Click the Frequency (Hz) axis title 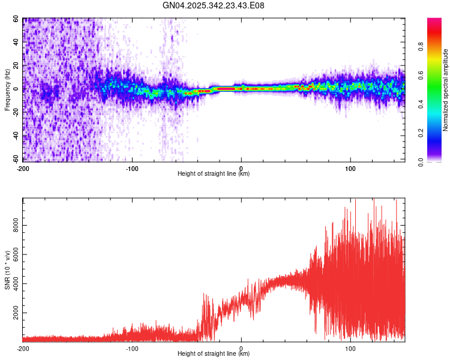(x=7, y=89)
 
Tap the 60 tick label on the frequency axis (x=16, y=19)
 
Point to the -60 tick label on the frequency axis (x=15, y=160)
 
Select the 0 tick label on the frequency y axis (x=18, y=89)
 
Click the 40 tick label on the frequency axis (x=16, y=43)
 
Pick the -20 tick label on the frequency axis (x=15, y=113)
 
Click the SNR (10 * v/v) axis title (x=7, y=269)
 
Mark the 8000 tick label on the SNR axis (x=13, y=226)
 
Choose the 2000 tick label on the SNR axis (x=13, y=313)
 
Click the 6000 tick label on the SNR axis (x=13, y=255)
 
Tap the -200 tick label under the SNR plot (x=23, y=348)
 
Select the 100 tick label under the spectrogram (x=350, y=168)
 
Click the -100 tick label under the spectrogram (x=132, y=168)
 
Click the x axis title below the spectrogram (x=214, y=174)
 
